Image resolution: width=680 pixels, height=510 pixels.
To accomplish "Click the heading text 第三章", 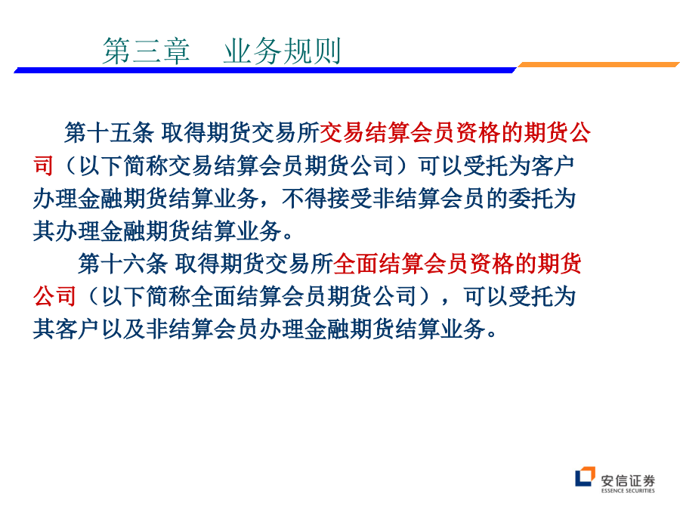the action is [146, 51].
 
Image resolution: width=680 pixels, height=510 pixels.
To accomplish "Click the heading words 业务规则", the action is [282, 51].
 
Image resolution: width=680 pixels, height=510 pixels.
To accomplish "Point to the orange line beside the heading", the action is [598, 65].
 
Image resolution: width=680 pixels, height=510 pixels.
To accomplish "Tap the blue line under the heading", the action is [265, 70].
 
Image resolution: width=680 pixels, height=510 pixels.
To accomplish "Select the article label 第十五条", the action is [109, 132].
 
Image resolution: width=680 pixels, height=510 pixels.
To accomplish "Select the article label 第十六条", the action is [122, 264].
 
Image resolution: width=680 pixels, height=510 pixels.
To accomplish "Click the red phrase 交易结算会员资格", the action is [410, 132].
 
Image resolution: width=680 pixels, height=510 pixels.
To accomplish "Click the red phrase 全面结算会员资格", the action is [423, 264].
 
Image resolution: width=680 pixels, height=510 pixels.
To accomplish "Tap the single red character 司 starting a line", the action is [43, 165].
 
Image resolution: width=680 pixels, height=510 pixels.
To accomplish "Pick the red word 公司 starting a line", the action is [54, 297].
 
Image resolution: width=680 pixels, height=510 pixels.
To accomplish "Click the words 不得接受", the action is [326, 199].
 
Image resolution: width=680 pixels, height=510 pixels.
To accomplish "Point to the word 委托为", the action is [542, 199].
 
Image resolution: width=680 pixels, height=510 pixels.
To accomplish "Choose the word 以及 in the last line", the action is [123, 329].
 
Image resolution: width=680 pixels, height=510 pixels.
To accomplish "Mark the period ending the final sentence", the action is [492, 334].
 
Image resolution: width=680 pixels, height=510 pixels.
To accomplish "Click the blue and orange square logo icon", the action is [585, 476].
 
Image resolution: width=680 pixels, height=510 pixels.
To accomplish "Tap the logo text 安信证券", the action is [628, 481].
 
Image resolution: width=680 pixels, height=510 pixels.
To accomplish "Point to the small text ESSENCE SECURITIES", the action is [628, 490].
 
